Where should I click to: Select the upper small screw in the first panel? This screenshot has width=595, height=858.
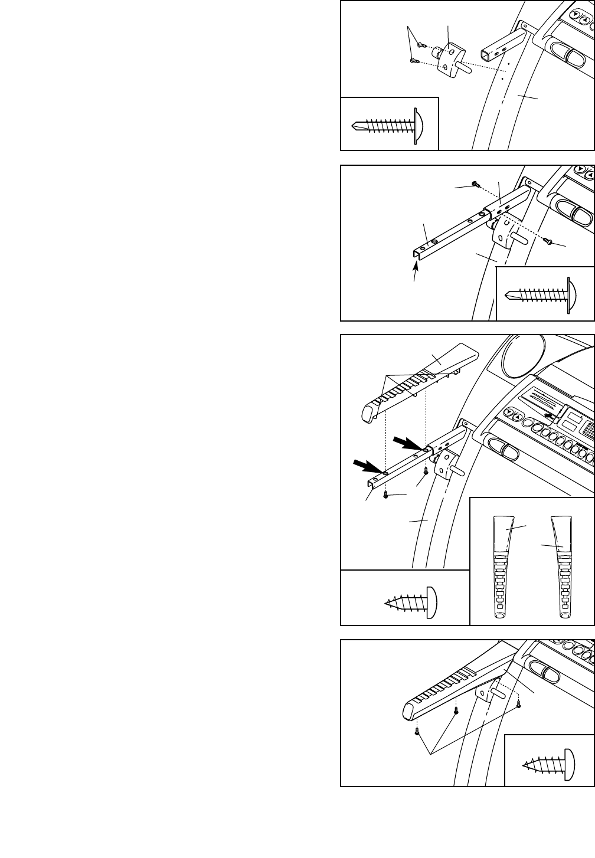click(x=421, y=45)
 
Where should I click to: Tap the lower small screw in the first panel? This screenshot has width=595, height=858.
click(x=414, y=60)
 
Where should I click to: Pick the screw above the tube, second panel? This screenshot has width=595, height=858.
click(x=475, y=184)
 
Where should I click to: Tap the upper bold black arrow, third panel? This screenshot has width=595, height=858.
click(x=407, y=443)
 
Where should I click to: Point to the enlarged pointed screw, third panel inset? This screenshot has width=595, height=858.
click(x=410, y=602)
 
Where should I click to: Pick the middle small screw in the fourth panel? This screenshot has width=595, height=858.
click(x=456, y=710)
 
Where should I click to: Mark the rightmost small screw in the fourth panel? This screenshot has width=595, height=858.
click(x=519, y=703)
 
